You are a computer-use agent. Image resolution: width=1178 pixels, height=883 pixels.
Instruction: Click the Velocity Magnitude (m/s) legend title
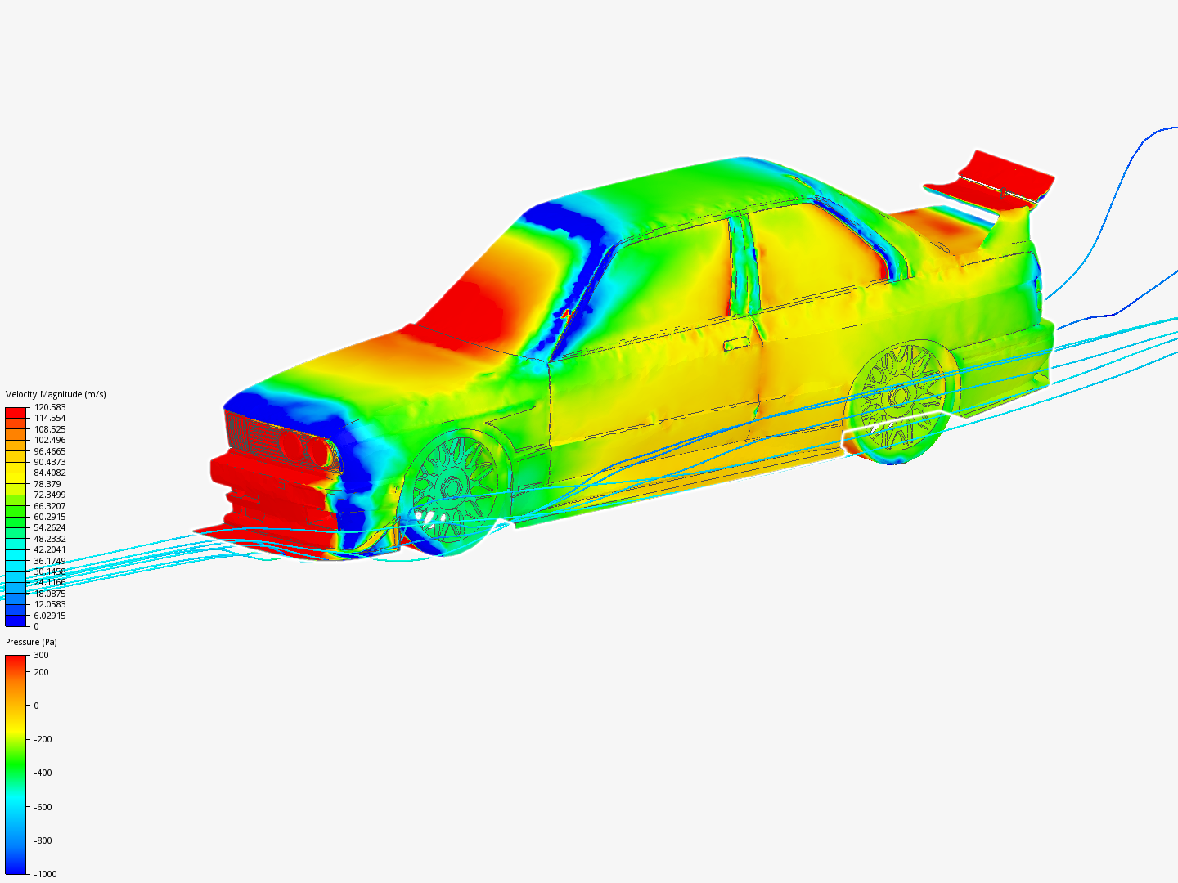56,394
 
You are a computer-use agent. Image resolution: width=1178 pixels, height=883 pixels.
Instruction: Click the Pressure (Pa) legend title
31,642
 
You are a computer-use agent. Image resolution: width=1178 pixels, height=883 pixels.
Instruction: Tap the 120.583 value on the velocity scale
49,407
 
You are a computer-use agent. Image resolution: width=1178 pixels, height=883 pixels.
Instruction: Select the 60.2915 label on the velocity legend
49,517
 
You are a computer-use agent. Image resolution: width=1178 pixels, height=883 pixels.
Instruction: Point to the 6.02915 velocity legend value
49,616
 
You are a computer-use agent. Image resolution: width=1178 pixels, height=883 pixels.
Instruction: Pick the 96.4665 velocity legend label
49,451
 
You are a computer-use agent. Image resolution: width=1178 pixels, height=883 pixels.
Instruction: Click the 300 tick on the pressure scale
42,655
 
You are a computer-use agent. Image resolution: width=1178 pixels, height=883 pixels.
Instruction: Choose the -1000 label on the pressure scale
45,874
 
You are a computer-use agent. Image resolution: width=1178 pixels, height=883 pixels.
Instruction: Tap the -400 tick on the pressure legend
43,773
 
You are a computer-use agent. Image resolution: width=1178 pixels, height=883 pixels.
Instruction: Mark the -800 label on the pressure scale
43,840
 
